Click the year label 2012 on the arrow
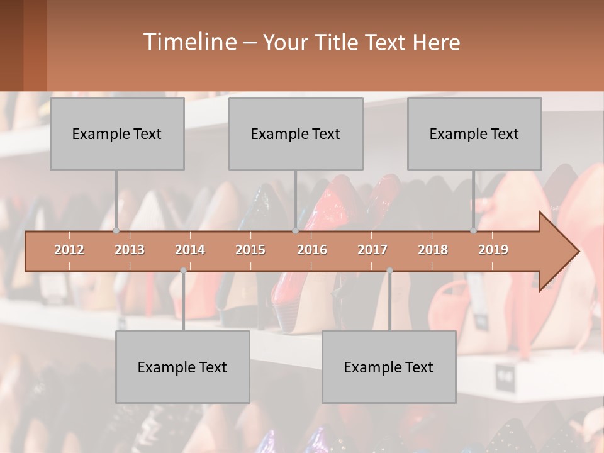69,250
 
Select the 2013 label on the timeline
130,250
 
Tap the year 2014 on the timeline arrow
190,250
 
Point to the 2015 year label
250,250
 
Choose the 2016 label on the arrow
312,250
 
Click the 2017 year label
372,250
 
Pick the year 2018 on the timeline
433,250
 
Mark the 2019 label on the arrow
493,250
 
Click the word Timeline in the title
189,42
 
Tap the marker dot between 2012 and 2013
116,231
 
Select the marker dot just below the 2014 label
183,271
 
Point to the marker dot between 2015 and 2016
295,231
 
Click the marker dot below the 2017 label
389,271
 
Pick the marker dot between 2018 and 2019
474,231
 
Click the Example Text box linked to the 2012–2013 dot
117,133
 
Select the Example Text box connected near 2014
182,367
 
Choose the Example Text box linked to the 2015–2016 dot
296,133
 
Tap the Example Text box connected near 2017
389,367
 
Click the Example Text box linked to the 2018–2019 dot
474,133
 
